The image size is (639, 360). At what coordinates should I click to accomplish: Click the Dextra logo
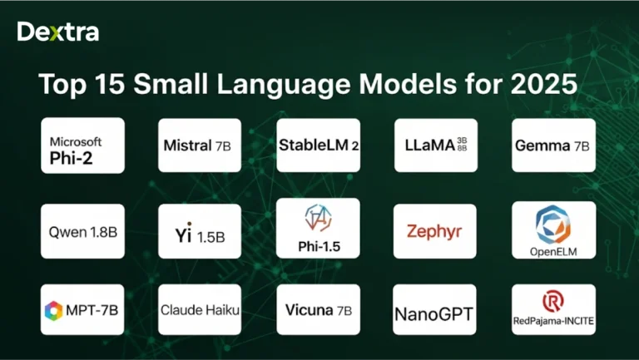pyautogui.click(x=57, y=32)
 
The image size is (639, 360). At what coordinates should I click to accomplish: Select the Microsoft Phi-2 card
pyautogui.click(x=82, y=145)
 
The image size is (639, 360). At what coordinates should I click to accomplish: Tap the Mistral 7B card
pyautogui.click(x=199, y=145)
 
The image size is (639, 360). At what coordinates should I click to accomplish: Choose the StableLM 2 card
pyautogui.click(x=318, y=145)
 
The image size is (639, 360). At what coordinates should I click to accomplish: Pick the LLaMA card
pyautogui.click(x=435, y=145)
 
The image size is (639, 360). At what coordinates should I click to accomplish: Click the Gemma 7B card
pyautogui.click(x=553, y=145)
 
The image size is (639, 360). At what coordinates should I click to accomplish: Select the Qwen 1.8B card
pyautogui.click(x=82, y=230)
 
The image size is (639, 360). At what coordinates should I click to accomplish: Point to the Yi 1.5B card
pyautogui.click(x=199, y=231)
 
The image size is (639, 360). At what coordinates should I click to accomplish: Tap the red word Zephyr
pyautogui.click(x=434, y=231)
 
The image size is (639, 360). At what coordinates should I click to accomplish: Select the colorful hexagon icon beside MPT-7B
pyautogui.click(x=54, y=311)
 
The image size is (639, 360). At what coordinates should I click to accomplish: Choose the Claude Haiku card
pyautogui.click(x=199, y=310)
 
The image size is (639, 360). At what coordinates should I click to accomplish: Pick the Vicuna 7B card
pyautogui.click(x=318, y=310)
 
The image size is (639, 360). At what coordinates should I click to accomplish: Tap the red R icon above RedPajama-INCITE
pyautogui.click(x=552, y=300)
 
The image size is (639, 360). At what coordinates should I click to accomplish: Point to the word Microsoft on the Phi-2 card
pyautogui.click(x=76, y=141)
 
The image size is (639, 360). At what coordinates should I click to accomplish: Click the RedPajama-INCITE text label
pyautogui.click(x=553, y=320)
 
